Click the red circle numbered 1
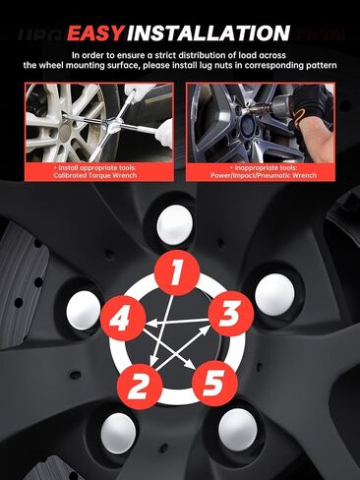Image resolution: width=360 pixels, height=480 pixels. pyautogui.click(x=177, y=272)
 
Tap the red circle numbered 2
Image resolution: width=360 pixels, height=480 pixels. pyautogui.click(x=140, y=386)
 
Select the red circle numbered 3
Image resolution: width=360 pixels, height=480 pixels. pyautogui.click(x=231, y=314)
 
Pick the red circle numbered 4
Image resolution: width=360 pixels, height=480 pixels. pyautogui.click(x=123, y=319)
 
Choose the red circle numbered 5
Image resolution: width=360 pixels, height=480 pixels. pyautogui.click(x=214, y=384)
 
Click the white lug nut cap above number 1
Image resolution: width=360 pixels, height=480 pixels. pyautogui.click(x=174, y=225)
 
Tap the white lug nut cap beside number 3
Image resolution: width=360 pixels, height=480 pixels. pyautogui.click(x=274, y=294)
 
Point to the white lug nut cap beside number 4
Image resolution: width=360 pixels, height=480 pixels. pyautogui.click(x=84, y=310)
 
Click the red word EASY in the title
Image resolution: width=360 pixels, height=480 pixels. pyautogui.click(x=95, y=33)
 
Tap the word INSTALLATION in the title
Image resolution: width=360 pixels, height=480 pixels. pyautogui.click(x=209, y=33)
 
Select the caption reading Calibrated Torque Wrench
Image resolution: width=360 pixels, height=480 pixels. pyautogui.click(x=95, y=175)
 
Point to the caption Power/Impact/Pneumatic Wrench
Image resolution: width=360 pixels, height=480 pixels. pyautogui.click(x=264, y=175)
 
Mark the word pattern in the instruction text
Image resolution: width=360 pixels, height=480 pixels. pyautogui.click(x=324, y=65)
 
